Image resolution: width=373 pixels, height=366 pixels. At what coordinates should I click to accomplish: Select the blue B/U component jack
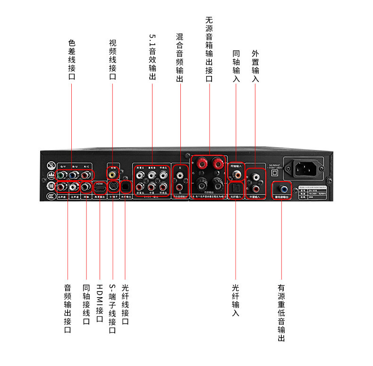[74, 175]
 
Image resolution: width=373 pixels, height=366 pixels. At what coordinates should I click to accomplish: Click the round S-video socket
[113, 186]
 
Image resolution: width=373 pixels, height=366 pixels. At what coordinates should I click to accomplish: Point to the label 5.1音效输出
[152, 57]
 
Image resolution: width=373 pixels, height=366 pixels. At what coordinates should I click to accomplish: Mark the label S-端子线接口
[112, 308]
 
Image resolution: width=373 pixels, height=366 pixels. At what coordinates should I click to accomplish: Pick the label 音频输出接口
[68, 308]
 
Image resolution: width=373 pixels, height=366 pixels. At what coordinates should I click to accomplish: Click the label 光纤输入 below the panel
[236, 299]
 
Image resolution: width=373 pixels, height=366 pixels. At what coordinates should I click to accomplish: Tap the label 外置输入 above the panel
[255, 67]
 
